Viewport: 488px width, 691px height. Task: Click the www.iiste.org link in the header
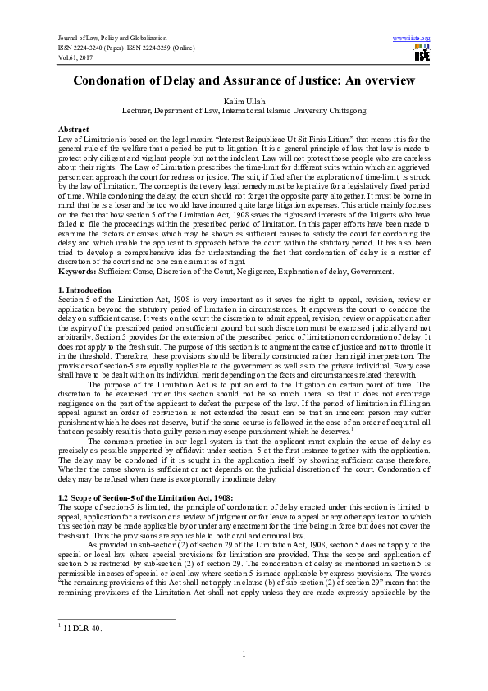click(413, 39)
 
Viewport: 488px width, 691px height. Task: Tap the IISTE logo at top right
click(422, 55)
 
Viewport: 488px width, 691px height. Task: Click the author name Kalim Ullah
click(244, 99)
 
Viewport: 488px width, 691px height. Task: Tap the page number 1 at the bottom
click(244, 653)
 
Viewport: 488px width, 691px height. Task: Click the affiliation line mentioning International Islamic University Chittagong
click(244, 110)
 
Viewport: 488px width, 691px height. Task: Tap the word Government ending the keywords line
click(370, 270)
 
